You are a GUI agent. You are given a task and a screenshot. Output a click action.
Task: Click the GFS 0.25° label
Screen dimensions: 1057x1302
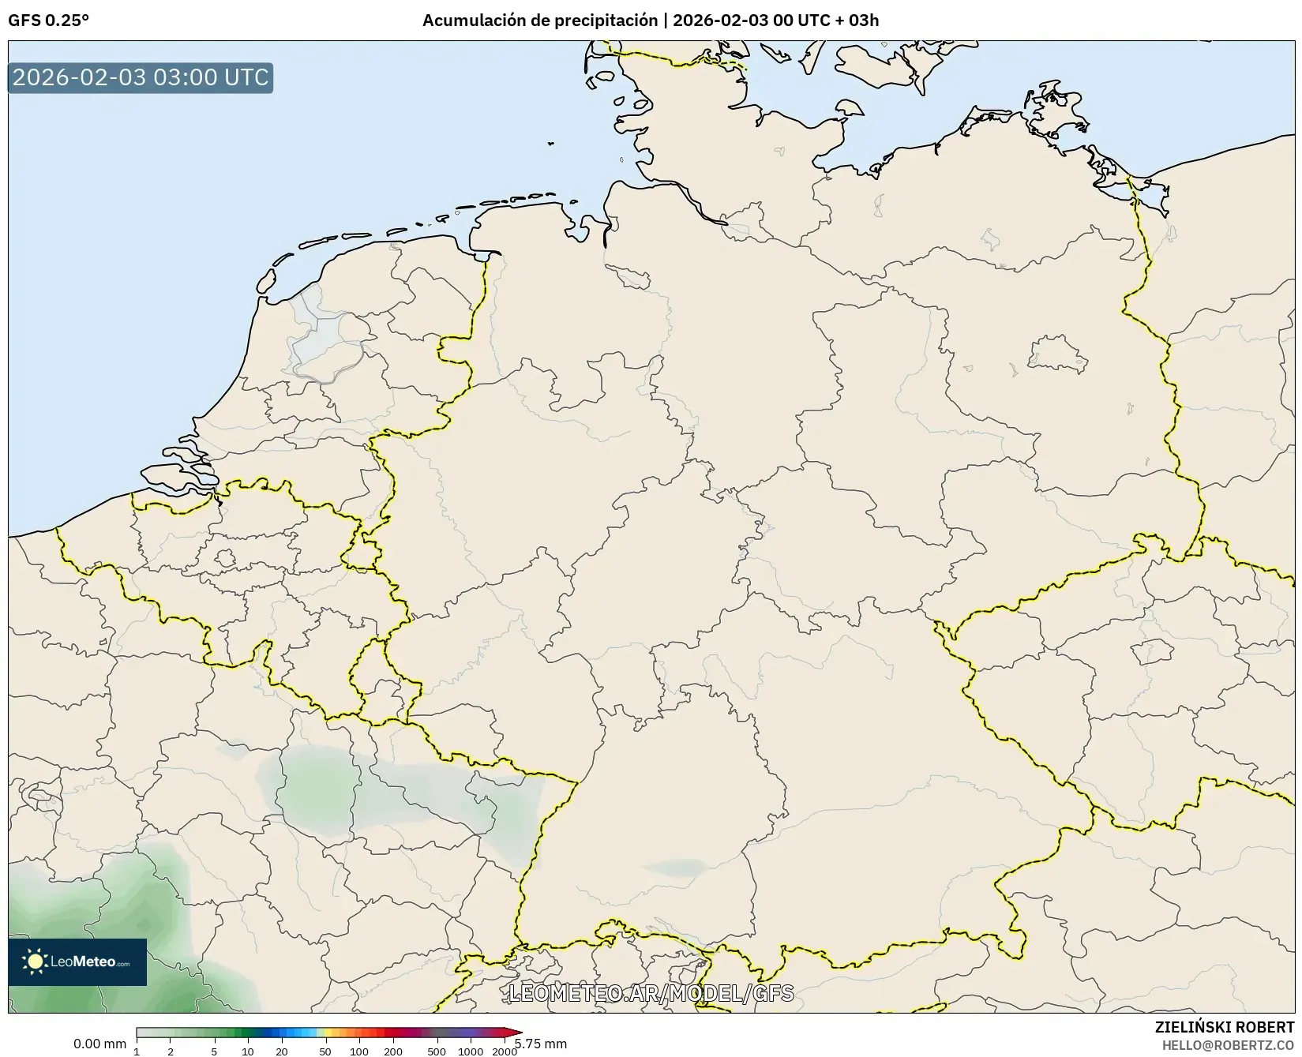click(48, 21)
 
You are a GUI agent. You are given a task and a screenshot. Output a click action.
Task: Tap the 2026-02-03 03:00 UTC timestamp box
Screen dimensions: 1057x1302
click(141, 78)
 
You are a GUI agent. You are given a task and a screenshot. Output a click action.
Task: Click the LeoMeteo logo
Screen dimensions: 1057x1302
click(77, 961)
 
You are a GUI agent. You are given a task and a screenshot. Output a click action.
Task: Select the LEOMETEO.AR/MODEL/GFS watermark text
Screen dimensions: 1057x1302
click(651, 993)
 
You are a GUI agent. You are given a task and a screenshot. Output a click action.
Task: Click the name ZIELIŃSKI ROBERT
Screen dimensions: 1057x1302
click(1225, 1028)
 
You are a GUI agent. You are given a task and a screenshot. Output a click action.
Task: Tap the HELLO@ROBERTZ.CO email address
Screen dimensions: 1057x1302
click(1228, 1044)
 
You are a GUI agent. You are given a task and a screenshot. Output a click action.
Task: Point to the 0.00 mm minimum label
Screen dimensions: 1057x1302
click(99, 1044)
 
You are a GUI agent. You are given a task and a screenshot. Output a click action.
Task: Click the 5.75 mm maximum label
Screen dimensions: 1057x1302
click(542, 1044)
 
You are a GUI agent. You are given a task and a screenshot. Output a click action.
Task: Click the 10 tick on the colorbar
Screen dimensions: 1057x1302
click(248, 1051)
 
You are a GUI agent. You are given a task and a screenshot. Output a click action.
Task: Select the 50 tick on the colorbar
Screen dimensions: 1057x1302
click(325, 1051)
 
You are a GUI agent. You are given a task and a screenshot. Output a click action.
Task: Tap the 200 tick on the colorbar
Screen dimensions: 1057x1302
click(393, 1051)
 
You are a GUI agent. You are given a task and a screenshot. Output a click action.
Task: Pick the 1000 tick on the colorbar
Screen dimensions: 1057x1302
click(471, 1051)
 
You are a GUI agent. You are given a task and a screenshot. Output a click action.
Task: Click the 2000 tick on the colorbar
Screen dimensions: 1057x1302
click(505, 1051)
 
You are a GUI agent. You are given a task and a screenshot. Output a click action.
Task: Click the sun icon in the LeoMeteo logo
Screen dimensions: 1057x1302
click(35, 961)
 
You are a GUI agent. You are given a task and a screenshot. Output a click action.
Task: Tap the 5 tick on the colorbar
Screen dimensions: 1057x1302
click(214, 1051)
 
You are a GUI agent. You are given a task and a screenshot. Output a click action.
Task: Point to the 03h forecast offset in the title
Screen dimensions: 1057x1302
click(864, 21)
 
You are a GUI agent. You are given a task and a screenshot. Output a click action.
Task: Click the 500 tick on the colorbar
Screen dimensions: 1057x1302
click(436, 1051)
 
